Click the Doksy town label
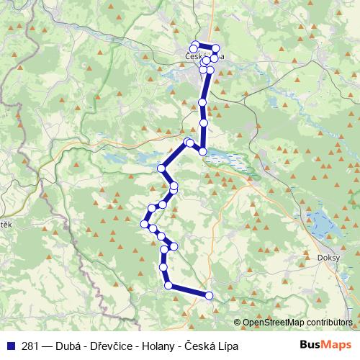click(328, 257)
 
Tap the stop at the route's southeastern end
click(210, 294)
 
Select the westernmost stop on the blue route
click(144, 224)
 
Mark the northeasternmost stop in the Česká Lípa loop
click(215, 48)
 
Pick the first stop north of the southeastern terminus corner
click(163, 267)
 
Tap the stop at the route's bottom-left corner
click(169, 286)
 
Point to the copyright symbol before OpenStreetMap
click(238, 322)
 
